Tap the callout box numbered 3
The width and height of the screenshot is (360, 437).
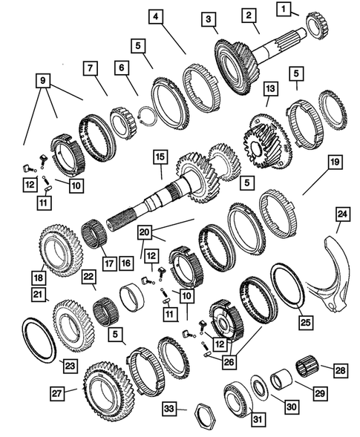(210, 20)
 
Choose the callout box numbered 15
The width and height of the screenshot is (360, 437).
(158, 157)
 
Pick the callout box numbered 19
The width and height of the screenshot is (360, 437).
(314, 161)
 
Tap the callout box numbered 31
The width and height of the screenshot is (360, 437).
(238, 420)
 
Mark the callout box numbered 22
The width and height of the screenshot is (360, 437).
(88, 277)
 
